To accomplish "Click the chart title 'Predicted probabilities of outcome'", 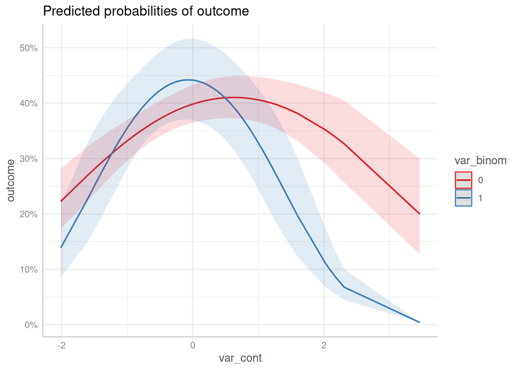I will pos(146,11).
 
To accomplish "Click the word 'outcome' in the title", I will pos(223,11).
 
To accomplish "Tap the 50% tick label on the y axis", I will pos(29,48).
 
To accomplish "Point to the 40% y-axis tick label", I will pos(29,104).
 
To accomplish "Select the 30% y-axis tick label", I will pos(29,159).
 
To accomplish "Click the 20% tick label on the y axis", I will pos(29,214).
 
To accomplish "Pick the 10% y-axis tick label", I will pos(29,270).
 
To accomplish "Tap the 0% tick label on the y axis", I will pos(31,325).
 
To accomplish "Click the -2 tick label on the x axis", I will pos(61,345).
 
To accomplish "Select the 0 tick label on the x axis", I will pos(193,345).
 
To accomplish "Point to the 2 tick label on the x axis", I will pos(324,345).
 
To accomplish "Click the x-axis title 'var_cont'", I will pos(240,358).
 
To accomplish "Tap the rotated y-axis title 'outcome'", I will pos(11,180).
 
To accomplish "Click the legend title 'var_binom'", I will pos(480,161).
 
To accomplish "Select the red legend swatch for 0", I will pos(463,180).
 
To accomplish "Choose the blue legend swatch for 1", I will pos(463,198).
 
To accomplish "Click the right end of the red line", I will pos(419,214).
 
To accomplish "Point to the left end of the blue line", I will pos(61,247).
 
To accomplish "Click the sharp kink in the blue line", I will pos(344,287).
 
